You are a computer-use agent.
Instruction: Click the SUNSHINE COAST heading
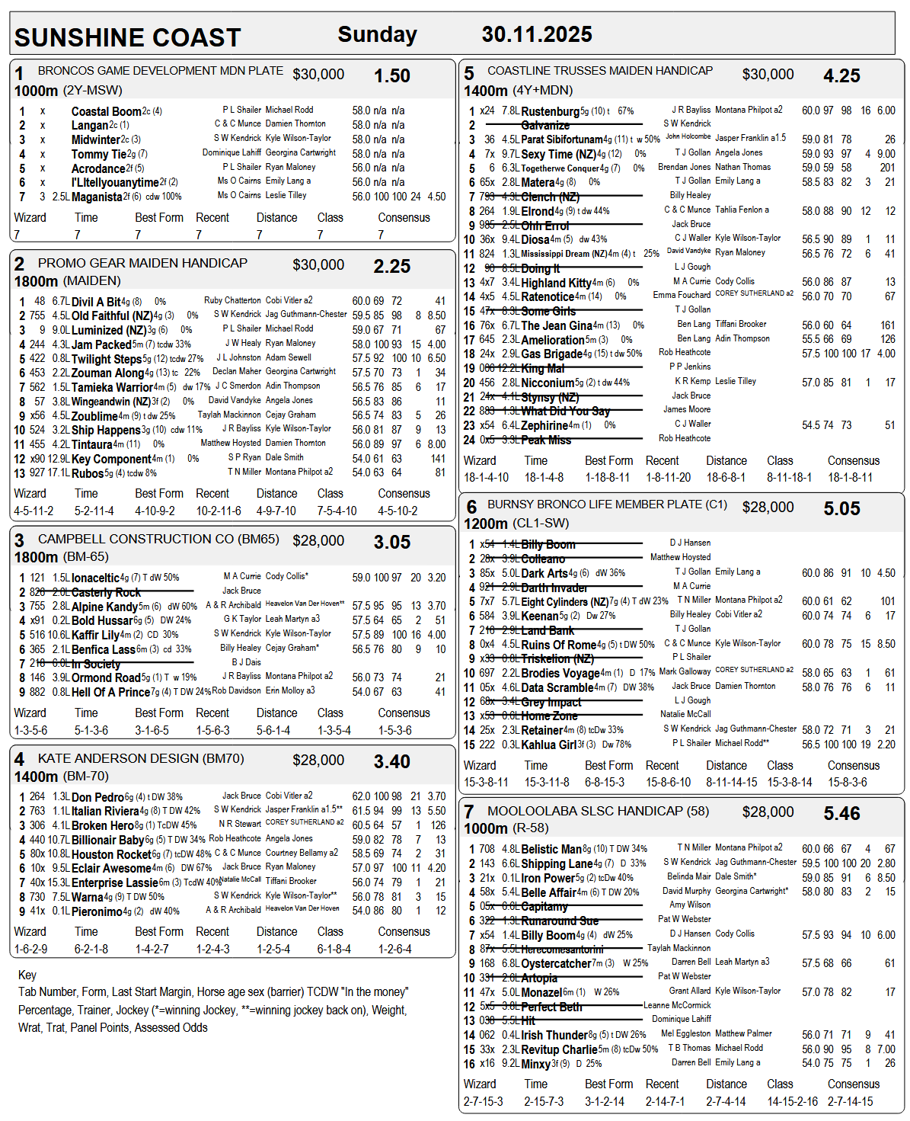pos(127,37)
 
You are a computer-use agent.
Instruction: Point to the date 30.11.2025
pos(537,34)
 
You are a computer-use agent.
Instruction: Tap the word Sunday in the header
pos(377,34)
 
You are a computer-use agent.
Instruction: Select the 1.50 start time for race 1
pos(391,76)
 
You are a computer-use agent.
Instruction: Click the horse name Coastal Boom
pos(107,111)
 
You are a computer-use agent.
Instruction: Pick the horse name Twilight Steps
pos(107,359)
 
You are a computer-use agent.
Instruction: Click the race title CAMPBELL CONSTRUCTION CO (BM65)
pos(158,540)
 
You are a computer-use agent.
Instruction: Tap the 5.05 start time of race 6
pos(841,508)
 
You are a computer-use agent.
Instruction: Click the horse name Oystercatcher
pos(556,963)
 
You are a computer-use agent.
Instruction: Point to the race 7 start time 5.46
pos(841,814)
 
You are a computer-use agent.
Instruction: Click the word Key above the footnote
pos(27,975)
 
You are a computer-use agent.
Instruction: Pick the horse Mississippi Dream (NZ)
pos(565,254)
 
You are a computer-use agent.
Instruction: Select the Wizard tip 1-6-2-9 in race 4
pos(30,949)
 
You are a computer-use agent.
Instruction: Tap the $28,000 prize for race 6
pos(768,508)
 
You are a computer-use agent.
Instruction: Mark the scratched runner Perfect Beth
pos(551,1007)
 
